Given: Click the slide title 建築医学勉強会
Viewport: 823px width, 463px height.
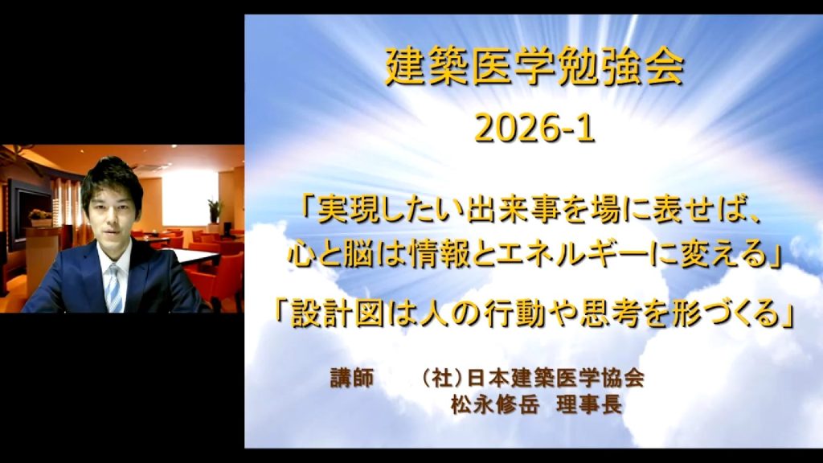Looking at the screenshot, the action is (x=534, y=67).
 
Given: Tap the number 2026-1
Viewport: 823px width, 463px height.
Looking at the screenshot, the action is (x=534, y=129).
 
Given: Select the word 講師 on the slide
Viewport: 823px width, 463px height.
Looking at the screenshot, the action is (x=352, y=378).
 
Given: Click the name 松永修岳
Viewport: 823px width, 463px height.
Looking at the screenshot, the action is (x=495, y=404).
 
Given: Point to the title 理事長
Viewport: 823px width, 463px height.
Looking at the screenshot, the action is (x=589, y=404).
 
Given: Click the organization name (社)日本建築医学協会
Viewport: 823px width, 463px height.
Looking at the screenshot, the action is (x=534, y=378).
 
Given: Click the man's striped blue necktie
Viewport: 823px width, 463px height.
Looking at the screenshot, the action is (x=114, y=289).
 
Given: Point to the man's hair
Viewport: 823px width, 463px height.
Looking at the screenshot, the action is (x=111, y=178).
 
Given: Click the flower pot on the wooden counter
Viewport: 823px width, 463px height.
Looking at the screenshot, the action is (x=40, y=218).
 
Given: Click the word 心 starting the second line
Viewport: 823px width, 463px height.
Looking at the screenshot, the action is (x=303, y=256).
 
